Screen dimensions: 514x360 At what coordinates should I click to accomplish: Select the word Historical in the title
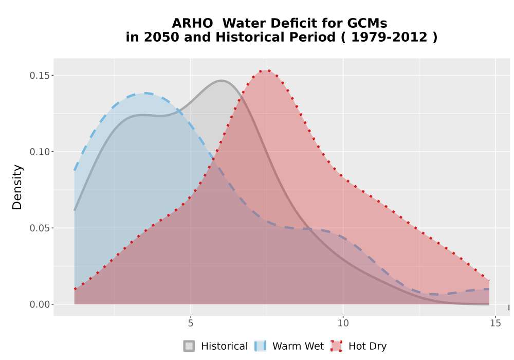276,37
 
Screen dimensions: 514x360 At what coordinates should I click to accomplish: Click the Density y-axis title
17,187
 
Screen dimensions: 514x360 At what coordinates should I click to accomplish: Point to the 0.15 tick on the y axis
40,76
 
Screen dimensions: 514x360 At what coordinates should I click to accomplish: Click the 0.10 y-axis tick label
40,152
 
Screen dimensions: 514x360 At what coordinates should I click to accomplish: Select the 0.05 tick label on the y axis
40,228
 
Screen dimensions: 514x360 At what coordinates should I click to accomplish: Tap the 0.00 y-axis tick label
40,304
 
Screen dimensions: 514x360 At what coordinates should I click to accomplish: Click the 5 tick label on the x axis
191,323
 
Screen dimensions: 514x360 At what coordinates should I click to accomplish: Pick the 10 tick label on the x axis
343,323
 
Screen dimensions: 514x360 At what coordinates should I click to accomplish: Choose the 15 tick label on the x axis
495,323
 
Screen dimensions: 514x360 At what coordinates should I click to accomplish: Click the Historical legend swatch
189,346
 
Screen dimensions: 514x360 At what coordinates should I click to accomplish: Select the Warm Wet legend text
298,346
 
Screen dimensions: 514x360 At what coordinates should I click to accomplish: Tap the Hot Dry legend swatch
336,346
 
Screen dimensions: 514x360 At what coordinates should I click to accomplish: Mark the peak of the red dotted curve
267,70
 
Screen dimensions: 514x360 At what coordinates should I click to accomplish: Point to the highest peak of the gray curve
222,80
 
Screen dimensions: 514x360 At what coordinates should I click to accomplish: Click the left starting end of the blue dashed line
75,170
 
